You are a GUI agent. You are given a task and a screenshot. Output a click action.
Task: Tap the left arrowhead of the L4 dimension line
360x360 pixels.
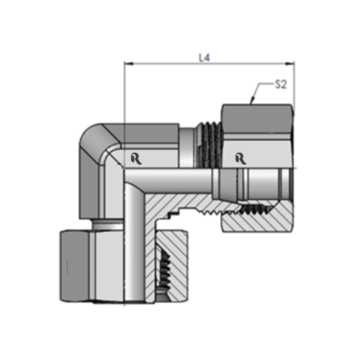pyautogui.click(x=128, y=63)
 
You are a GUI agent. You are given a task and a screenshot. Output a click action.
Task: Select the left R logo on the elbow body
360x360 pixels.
pyautogui.click(x=137, y=158)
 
